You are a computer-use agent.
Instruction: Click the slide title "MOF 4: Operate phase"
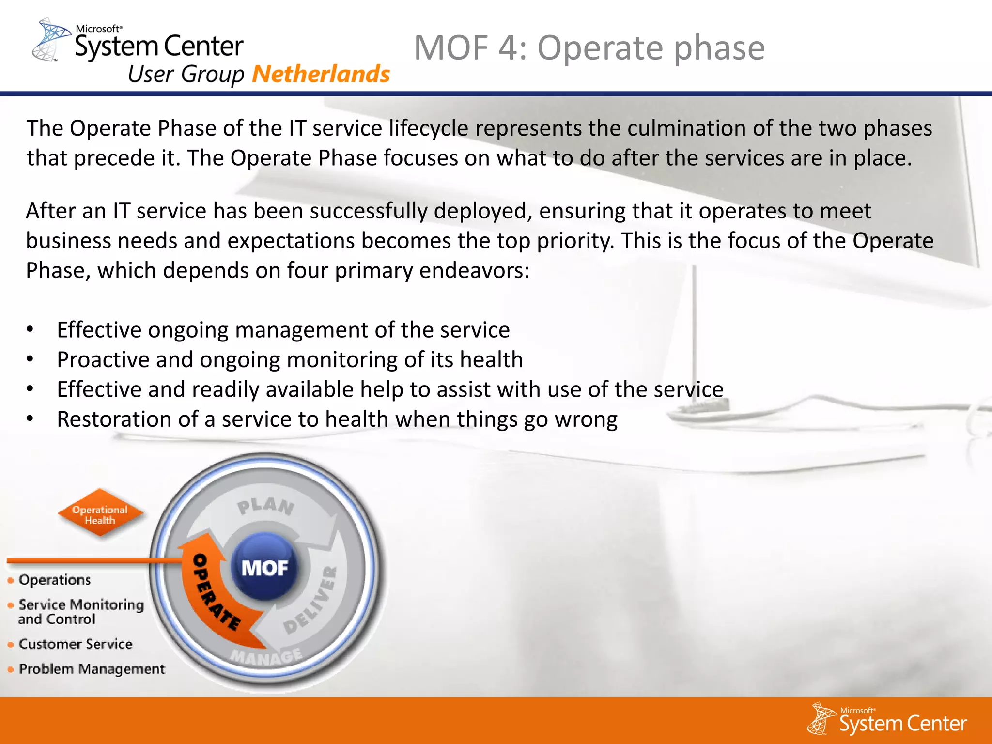tap(589, 48)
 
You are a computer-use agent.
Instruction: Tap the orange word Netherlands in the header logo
tap(321, 74)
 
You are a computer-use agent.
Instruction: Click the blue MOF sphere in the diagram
tap(264, 567)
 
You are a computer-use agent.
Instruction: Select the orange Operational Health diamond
tap(100, 514)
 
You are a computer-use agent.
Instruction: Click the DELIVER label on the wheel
tap(310, 601)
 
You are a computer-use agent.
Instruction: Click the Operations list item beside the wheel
tap(55, 580)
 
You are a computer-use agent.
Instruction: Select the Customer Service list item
tap(76, 644)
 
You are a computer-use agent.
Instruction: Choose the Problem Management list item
tap(92, 669)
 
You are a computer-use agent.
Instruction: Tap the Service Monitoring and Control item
tap(80, 612)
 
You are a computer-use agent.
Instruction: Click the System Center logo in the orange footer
tap(887, 720)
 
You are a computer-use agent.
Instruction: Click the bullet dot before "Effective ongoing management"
tap(30, 330)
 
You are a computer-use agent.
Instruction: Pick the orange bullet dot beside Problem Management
tap(11, 670)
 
